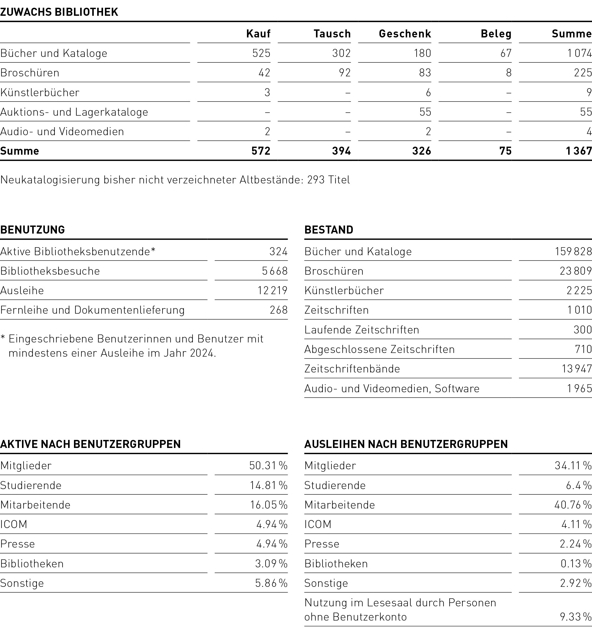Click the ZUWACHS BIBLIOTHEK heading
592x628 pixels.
59,12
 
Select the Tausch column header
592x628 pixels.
332,34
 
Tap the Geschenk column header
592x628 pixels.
404,34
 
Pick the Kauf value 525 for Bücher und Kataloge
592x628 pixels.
261,53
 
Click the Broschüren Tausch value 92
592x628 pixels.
344,73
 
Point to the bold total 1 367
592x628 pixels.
578,151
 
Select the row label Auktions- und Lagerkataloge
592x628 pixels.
74,112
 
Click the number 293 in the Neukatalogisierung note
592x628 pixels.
316,180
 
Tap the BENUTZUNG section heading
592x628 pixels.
32,230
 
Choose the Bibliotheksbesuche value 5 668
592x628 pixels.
274,271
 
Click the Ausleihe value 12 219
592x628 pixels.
272,290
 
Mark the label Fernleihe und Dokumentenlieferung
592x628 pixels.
92,310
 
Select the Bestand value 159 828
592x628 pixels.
573,252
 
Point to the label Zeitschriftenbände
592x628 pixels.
352,369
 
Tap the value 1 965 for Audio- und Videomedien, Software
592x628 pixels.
579,388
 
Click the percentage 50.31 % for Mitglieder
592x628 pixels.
268,465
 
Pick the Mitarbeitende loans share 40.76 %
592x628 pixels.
573,505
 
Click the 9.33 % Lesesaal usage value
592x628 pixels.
575,617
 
